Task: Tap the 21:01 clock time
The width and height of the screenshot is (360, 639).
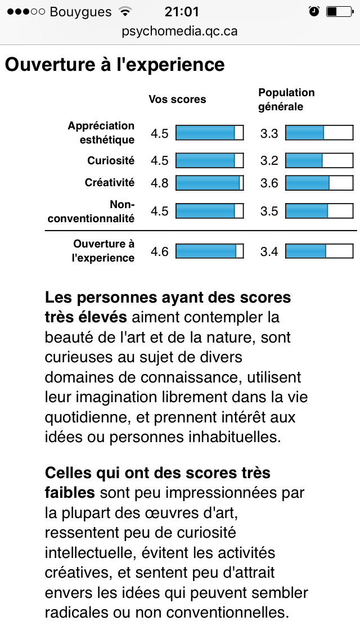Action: (180, 11)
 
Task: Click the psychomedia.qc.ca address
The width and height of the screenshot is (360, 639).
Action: (180, 31)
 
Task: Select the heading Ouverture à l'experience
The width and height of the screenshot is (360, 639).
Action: (115, 64)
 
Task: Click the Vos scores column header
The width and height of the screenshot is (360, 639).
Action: (177, 100)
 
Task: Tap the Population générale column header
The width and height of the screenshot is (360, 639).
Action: (286, 100)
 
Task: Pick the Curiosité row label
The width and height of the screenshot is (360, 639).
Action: (111, 161)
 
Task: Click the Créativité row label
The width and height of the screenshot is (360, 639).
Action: (110, 183)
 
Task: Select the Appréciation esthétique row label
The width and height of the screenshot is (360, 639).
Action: (101, 133)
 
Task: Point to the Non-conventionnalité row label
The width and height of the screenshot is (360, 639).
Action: (91, 211)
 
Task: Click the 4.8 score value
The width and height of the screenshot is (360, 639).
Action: (160, 183)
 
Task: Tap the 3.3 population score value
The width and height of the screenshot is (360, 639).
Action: (269, 133)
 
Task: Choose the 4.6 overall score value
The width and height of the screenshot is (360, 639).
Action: (160, 251)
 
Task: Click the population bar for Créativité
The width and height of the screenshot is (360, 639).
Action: (319, 183)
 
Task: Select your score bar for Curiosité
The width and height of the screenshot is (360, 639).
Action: (210, 161)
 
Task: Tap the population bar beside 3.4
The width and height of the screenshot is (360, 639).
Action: (319, 251)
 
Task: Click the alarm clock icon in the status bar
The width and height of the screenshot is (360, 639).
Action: (314, 11)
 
